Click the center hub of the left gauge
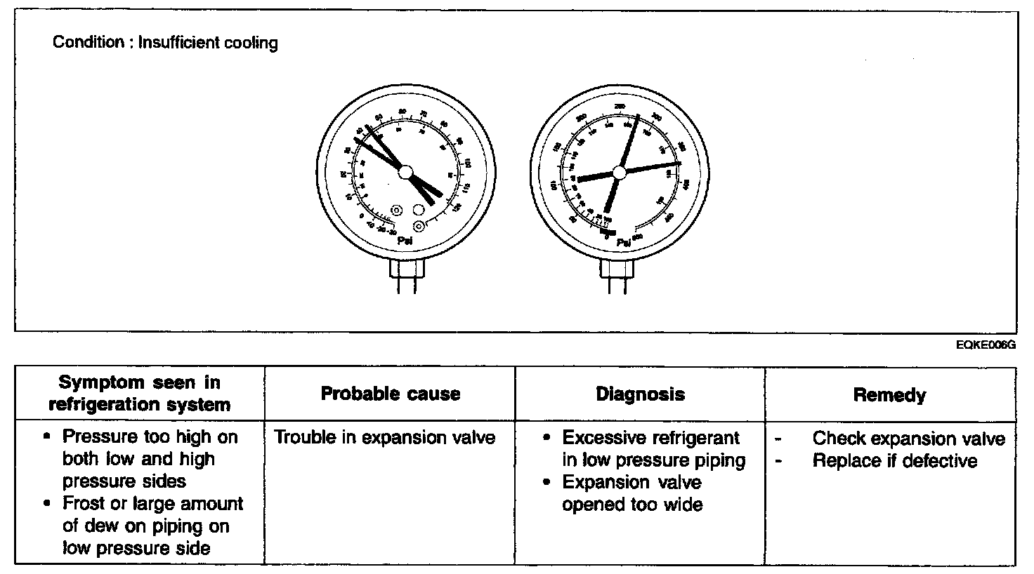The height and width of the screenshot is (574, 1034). pos(405,171)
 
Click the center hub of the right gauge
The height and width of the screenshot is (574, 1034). pos(619,172)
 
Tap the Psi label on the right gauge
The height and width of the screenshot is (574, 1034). pos(623,243)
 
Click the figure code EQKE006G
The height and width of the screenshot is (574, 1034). pos(986,345)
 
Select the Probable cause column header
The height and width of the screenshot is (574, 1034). pos(390,394)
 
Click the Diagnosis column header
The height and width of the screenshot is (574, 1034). pos(640,394)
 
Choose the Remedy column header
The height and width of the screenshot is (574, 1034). pos(889,395)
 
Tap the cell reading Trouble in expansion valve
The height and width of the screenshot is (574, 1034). pos(384,438)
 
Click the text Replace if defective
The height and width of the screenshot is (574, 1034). pos(894,461)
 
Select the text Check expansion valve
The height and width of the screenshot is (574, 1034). pos(908,439)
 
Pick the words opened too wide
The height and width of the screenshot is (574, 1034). pos(631,505)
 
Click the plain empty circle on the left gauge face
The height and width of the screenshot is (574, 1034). pos(419,210)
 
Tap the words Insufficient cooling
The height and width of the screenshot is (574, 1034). pos(208,43)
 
